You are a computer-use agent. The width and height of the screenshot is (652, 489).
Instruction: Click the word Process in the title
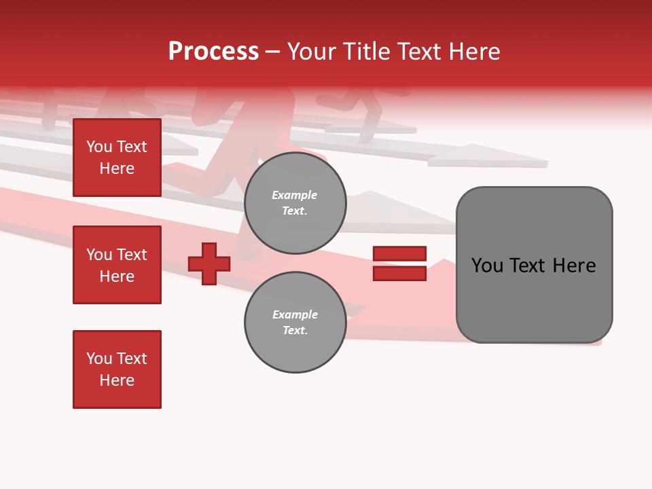pyautogui.click(x=213, y=52)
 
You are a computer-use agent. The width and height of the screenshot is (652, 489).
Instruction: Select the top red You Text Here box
pyautogui.click(x=117, y=158)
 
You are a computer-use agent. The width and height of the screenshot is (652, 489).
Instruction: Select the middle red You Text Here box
pyautogui.click(x=117, y=265)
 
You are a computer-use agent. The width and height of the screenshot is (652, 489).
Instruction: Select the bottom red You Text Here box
pyautogui.click(x=117, y=369)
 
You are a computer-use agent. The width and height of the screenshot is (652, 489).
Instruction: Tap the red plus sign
pyautogui.click(x=209, y=264)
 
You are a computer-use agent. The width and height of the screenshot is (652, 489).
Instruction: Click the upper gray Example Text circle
pyautogui.click(x=295, y=203)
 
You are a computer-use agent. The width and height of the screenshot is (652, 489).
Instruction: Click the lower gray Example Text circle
pyautogui.click(x=295, y=323)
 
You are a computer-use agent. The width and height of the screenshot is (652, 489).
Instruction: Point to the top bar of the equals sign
pyautogui.click(x=399, y=253)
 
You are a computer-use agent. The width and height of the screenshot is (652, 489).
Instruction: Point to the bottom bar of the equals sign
pyautogui.click(x=399, y=274)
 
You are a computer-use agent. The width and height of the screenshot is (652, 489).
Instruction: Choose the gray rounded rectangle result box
pyautogui.click(x=534, y=299)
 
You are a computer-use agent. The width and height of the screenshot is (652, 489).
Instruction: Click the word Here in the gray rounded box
pyautogui.click(x=574, y=266)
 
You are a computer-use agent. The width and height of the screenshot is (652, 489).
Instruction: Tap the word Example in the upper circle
pyautogui.click(x=295, y=196)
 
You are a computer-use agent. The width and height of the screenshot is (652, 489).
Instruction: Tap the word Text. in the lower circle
pyautogui.click(x=295, y=331)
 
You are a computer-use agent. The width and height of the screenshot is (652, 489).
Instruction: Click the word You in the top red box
pyautogui.click(x=99, y=147)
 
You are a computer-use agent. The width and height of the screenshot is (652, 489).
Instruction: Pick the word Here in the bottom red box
pyautogui.click(x=117, y=381)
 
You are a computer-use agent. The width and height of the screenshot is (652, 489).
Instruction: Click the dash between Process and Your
pyautogui.click(x=273, y=52)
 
